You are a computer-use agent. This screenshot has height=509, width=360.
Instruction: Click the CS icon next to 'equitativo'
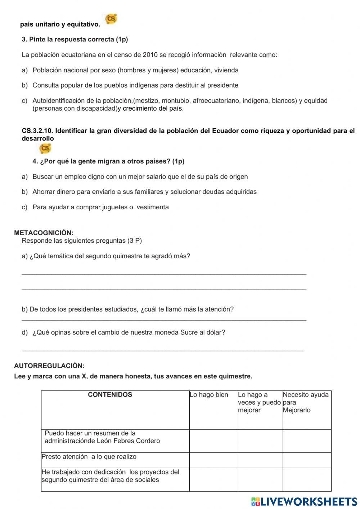point(111,19)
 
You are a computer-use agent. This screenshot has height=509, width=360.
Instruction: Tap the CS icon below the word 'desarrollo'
point(45,148)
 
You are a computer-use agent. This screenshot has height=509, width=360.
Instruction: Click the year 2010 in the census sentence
point(150,55)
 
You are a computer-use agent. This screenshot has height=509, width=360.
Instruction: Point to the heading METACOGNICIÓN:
point(44,233)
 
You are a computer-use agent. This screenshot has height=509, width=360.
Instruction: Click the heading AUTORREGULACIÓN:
point(49,366)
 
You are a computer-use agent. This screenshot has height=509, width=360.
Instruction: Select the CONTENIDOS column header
point(110,394)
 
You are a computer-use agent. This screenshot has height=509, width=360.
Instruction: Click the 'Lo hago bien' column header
point(209,395)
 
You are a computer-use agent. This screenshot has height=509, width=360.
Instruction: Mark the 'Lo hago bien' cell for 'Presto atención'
point(213,460)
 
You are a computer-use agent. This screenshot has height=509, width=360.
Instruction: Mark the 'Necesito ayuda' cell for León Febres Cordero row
point(307,441)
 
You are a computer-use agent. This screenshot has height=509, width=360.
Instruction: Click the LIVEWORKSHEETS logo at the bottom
point(304,501)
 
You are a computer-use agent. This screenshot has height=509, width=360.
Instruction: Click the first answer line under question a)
point(164,274)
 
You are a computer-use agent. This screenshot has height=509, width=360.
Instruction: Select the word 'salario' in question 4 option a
point(171,177)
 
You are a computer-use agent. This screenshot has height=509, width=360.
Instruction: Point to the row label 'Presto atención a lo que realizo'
point(89,456)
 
